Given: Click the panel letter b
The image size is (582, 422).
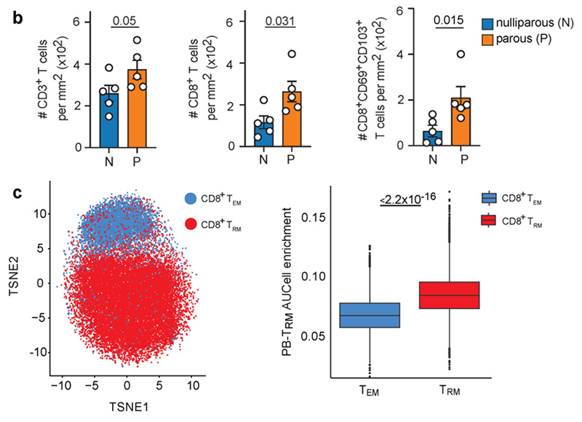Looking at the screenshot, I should [18, 12].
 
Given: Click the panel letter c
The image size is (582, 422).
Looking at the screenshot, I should [17, 196].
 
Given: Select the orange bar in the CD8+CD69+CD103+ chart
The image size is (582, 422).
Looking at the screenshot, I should [460, 122].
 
